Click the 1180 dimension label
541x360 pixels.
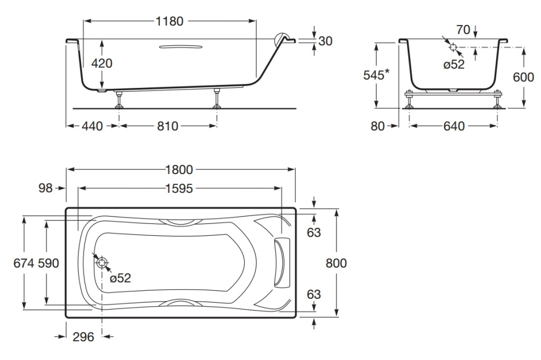(x=169, y=22)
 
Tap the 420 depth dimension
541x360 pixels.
(x=102, y=63)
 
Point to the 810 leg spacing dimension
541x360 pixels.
(x=167, y=126)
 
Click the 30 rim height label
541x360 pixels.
(x=325, y=41)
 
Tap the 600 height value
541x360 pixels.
(x=523, y=77)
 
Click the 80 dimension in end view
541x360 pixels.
(x=378, y=126)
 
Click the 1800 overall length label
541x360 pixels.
(x=181, y=169)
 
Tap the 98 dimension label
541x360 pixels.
(x=45, y=188)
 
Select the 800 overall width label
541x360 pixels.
(x=336, y=263)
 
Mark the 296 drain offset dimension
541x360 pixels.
(x=84, y=337)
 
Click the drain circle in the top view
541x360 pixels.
(x=103, y=262)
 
